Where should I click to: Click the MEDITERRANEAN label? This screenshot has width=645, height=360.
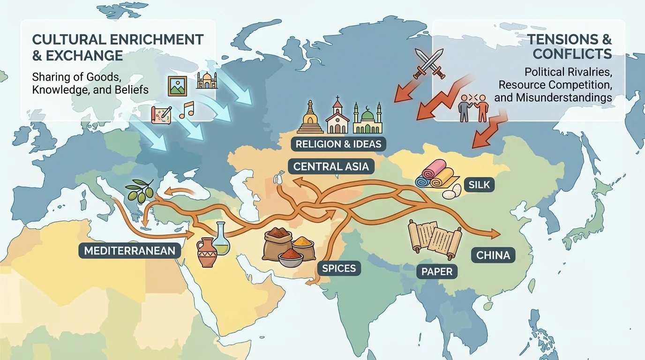click(129, 251)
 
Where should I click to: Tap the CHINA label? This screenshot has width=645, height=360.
click(493, 255)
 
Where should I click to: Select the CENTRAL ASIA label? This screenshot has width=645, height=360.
click(331, 166)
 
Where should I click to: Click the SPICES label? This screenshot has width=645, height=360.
click(339, 269)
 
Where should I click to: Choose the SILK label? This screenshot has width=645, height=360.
click(478, 185)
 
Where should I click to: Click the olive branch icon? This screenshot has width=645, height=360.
click(140, 190)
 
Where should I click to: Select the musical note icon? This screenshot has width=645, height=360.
click(186, 110)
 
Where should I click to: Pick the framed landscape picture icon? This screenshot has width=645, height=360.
click(177, 86)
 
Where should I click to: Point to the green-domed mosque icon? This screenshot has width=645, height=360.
click(367, 119)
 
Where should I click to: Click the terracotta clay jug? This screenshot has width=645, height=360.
click(206, 252)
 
